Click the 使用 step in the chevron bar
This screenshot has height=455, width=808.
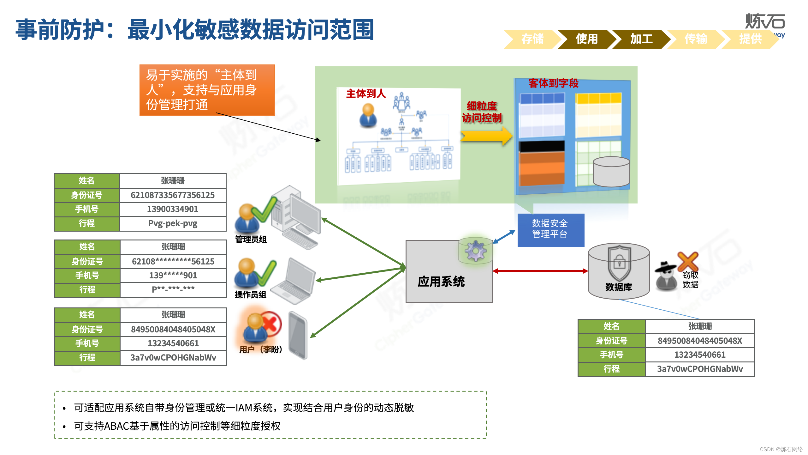click(586, 39)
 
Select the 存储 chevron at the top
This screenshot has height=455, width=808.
click(532, 39)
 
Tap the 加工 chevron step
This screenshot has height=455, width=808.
click(641, 39)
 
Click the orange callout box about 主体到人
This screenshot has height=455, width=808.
click(207, 90)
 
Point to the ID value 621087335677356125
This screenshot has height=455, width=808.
click(173, 195)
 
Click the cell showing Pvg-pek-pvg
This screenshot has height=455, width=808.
click(173, 223)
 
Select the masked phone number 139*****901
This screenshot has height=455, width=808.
click(173, 276)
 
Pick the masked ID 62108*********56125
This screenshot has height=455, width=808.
click(173, 262)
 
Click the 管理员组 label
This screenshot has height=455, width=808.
click(251, 240)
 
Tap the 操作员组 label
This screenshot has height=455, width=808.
click(251, 295)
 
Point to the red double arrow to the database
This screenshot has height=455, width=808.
click(540, 271)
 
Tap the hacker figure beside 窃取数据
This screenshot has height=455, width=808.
click(666, 275)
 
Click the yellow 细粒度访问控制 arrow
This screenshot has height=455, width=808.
click(486, 136)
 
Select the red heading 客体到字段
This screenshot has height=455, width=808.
click(553, 83)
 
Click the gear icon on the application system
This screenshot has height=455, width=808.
click(475, 251)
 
